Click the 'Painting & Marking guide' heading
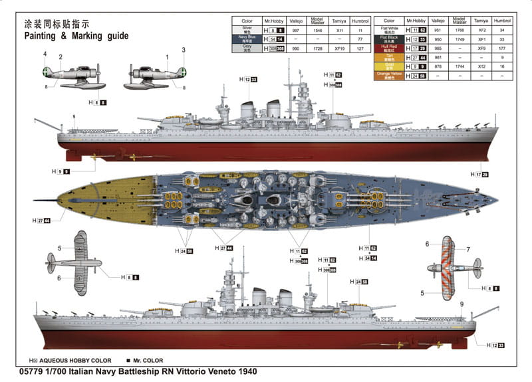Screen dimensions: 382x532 coord(76,36)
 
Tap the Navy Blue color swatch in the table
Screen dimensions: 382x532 coord(247,40)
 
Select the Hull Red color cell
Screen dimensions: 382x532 coord(390,48)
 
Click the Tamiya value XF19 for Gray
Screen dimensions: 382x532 coord(340,49)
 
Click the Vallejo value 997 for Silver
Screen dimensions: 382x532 coord(296,31)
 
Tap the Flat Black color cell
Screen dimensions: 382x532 coord(390,39)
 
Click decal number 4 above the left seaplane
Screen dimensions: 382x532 coord(45,54)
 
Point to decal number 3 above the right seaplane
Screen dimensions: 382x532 coord(184,50)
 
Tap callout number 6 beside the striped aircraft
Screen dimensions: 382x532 coord(427,244)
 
